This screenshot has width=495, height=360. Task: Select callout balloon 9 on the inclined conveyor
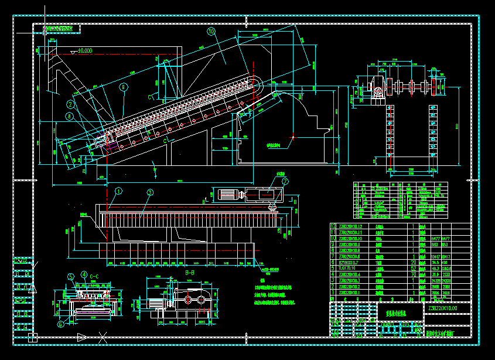coord(124,87)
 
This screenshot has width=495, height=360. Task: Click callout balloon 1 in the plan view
coord(118,191)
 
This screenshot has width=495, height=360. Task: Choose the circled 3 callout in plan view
coord(150,192)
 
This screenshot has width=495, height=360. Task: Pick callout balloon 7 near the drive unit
coord(285,182)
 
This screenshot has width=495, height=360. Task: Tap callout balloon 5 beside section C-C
coord(70,276)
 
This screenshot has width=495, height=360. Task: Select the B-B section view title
coord(189,273)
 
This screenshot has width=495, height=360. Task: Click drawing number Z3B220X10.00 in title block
coord(443,308)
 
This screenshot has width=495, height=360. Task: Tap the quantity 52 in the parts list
coord(414,267)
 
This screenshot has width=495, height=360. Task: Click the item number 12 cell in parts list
coord(334,226)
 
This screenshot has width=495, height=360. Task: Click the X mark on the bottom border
coord(103,337)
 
